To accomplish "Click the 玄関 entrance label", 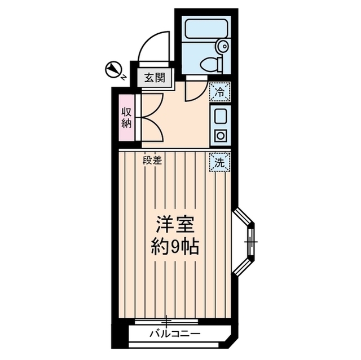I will (153, 77).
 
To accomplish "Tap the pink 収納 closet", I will (126, 117).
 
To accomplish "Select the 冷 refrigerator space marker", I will (219, 91).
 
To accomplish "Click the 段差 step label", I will (152, 160).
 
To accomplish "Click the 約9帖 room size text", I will (175, 247).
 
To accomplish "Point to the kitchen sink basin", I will (219, 117).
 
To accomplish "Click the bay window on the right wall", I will (246, 242).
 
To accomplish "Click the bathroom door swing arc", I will (195, 90).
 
